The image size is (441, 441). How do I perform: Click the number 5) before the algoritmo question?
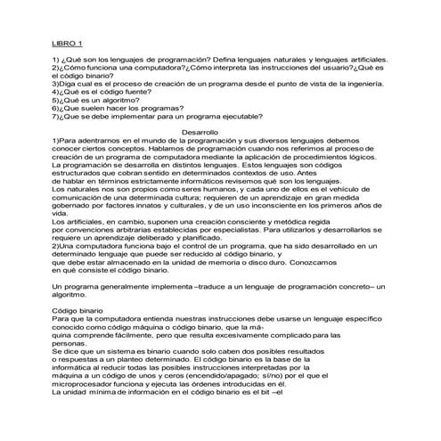[55, 100]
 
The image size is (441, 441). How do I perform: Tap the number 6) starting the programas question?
[55, 107]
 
